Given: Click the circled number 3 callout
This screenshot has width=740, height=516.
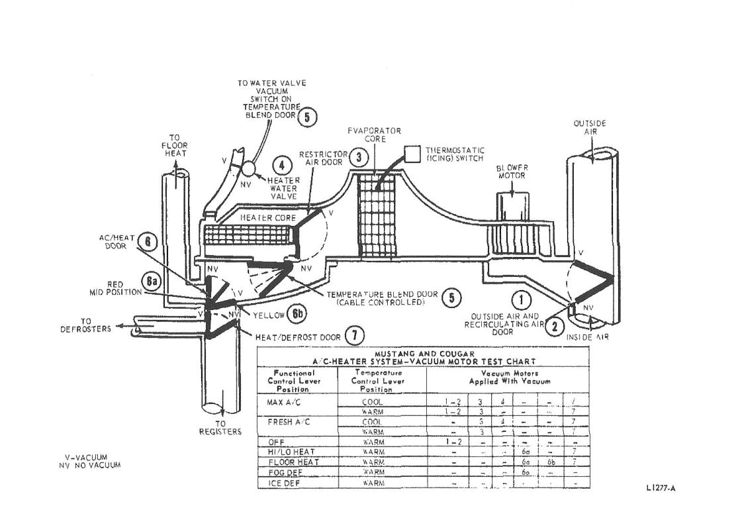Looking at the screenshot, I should point(358,157).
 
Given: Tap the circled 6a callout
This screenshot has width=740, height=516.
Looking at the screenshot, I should point(153,282).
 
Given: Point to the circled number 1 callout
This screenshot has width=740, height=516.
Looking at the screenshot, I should point(522,300).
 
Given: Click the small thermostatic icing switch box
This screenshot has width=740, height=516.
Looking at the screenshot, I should point(413,152).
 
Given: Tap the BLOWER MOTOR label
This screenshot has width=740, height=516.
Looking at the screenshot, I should point(514,172).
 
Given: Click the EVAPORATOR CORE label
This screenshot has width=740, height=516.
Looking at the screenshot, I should point(375,134).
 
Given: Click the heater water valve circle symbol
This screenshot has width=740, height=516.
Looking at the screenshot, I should point(248,167).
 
